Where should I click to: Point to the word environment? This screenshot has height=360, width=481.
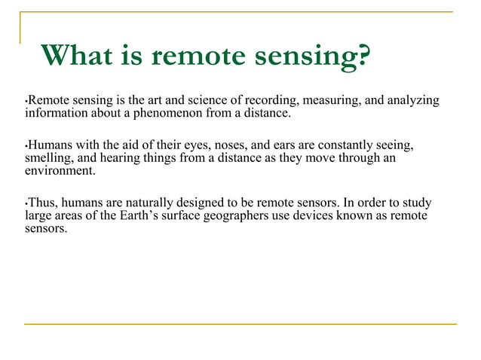(60, 170)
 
